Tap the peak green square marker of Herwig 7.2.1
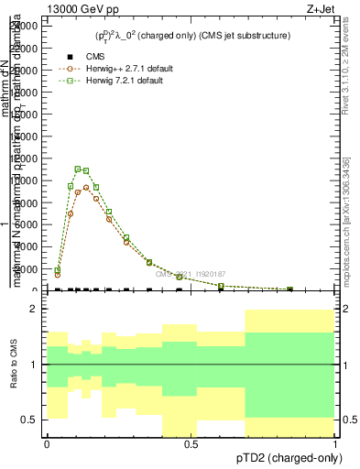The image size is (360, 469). coord(78,169)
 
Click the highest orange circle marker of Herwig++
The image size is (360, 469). coord(86,188)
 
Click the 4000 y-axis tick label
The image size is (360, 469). coord(30,246)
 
